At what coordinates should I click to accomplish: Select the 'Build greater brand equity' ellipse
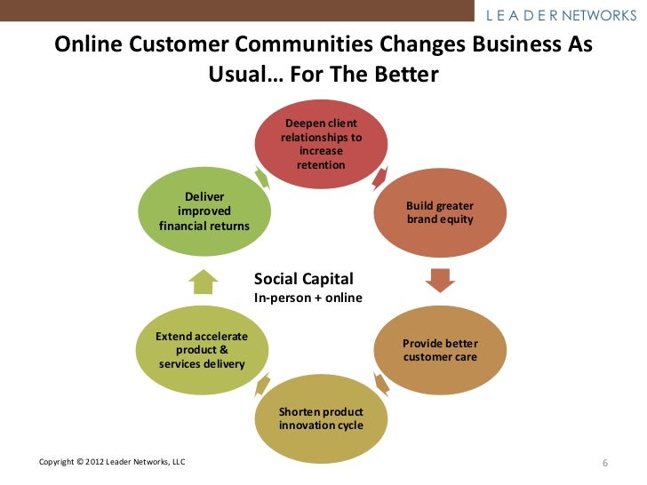click(440, 212)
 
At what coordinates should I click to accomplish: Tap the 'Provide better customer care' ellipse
click(440, 350)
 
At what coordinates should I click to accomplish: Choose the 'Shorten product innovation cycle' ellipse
click(321, 418)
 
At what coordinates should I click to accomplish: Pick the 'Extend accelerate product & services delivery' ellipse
click(202, 350)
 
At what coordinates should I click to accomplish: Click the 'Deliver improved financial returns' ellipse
click(204, 211)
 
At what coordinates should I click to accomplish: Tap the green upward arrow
click(204, 281)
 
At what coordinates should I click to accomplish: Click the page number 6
click(605, 464)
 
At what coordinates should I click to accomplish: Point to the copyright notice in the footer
click(112, 463)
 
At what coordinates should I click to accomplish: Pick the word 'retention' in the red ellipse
click(321, 166)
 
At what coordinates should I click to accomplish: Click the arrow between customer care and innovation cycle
click(381, 384)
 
